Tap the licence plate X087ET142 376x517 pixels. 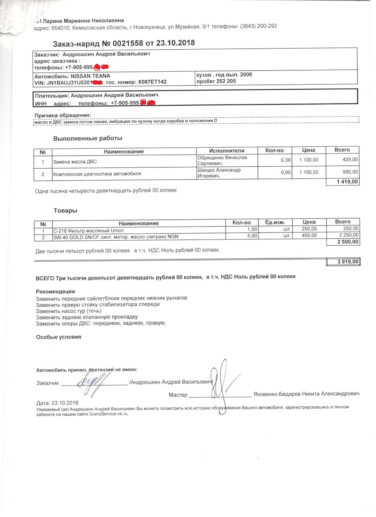(152, 82)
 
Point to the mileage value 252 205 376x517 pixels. (226, 81)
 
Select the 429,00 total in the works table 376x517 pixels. (350, 160)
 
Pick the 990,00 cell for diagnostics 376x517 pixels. (350, 172)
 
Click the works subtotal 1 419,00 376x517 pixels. (347, 182)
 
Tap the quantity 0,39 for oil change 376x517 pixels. (286, 160)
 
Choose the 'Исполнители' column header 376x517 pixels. (226, 151)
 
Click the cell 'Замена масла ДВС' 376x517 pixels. (75, 162)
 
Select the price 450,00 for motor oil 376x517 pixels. (309, 236)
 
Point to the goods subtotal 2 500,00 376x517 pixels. (348, 242)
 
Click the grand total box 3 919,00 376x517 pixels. (348, 261)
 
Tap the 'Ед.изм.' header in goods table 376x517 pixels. (275, 222)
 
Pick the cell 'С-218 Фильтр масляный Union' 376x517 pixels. (89, 231)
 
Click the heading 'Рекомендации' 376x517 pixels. (55, 292)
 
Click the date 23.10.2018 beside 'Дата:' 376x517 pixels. (65, 403)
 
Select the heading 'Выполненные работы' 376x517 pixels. (88, 139)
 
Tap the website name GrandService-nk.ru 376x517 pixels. (108, 414)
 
